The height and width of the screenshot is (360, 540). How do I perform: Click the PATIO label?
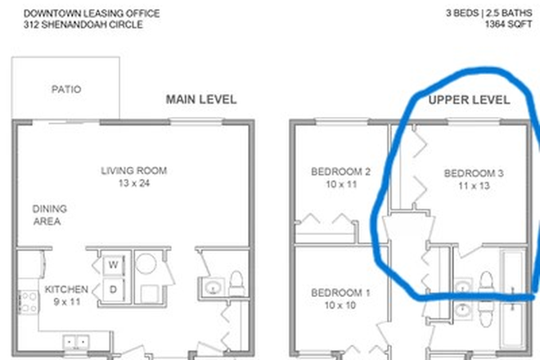pyautogui.click(x=66, y=89)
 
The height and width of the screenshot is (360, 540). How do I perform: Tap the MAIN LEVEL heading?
pyautogui.click(x=201, y=100)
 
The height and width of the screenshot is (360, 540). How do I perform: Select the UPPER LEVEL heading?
pyautogui.click(x=469, y=100)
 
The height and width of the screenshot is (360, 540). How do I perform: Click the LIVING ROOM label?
pyautogui.click(x=134, y=171)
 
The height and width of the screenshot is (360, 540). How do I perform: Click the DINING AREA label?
pyautogui.click(x=50, y=215)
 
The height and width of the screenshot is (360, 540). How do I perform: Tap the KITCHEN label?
pyautogui.click(x=66, y=290)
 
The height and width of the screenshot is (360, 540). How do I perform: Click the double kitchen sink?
pyautogui.click(x=79, y=342)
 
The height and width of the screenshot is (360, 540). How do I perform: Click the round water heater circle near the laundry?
pyautogui.click(x=148, y=263)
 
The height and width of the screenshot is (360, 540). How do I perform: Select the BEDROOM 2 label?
pyautogui.click(x=341, y=172)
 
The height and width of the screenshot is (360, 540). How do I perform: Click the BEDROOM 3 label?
pyautogui.click(x=474, y=173)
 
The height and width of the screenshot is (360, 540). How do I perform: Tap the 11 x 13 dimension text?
pyautogui.click(x=474, y=186)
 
